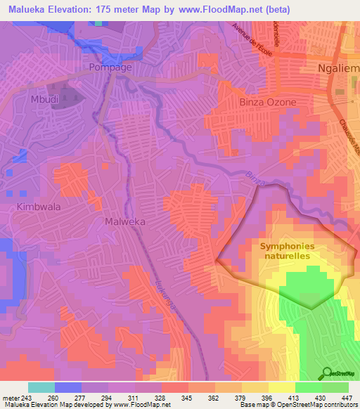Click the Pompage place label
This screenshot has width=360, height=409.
pyautogui.click(x=111, y=67)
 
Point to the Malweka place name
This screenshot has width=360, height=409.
pyautogui.click(x=105, y=221)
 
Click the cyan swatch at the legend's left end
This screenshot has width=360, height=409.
pyautogui.click(x=41, y=387)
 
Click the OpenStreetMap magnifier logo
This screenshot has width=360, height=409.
pyautogui.click(x=327, y=372)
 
